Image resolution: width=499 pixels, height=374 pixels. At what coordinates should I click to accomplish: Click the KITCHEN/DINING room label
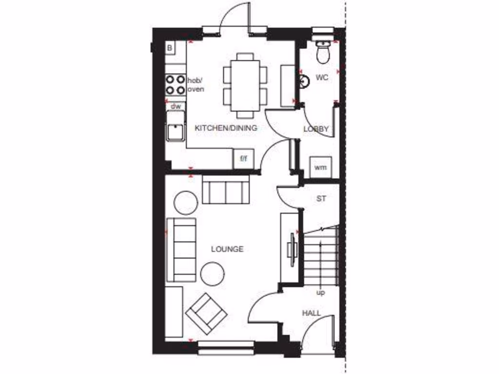pyautogui.click(x=226, y=128)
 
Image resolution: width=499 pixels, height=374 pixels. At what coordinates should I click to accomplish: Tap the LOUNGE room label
pyautogui.click(x=227, y=249)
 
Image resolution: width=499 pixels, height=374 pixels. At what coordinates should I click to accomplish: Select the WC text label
pyautogui.click(x=322, y=77)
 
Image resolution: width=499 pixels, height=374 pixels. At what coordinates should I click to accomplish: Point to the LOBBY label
pyautogui.click(x=316, y=129)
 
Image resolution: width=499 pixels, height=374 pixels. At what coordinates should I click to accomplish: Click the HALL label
pyautogui.click(x=311, y=313)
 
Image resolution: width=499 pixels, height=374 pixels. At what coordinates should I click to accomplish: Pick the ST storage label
pyautogui.click(x=321, y=199)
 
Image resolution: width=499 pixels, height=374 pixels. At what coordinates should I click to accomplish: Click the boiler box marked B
pyautogui.click(x=170, y=48)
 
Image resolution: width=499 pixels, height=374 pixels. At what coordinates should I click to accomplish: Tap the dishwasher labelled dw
pyautogui.click(x=175, y=106)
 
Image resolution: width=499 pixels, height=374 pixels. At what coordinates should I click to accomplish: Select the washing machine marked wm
pyautogui.click(x=320, y=168)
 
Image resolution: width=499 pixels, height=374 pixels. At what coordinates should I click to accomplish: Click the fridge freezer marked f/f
pyautogui.click(x=243, y=159)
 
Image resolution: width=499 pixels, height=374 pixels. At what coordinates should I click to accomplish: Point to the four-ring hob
pyautogui.click(x=175, y=84)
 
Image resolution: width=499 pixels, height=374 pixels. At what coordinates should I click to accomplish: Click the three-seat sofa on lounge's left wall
pyautogui.click(x=181, y=250)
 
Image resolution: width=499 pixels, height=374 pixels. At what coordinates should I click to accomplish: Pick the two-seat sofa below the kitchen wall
pyautogui.click(x=226, y=191)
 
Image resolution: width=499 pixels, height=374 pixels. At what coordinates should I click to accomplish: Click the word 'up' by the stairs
pyautogui.click(x=321, y=293)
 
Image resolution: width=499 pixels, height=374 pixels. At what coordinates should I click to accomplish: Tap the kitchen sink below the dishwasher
pyautogui.click(x=175, y=126)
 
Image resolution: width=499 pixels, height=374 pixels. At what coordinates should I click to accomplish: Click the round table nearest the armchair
pyautogui.click(x=212, y=274)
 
